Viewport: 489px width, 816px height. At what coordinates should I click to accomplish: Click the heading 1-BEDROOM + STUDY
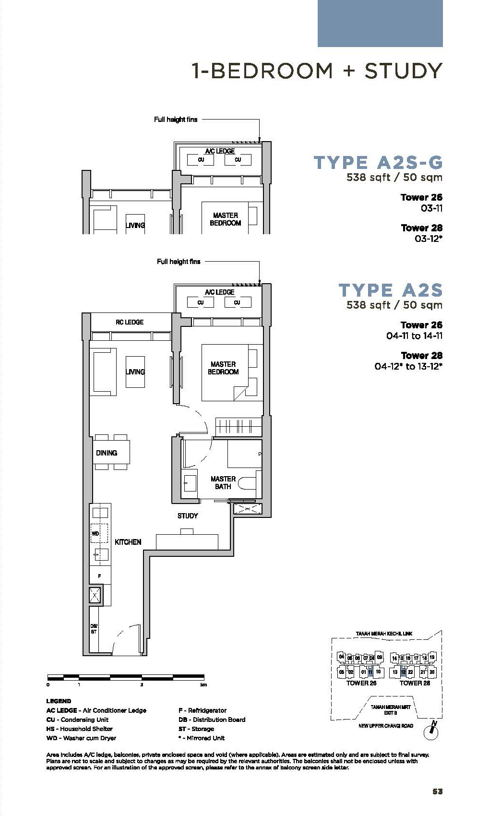(317, 71)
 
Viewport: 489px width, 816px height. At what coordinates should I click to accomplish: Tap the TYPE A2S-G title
(378, 163)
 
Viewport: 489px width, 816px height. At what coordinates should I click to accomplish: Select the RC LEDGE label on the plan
(130, 322)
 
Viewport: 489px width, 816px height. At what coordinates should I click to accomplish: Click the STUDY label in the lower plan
(188, 516)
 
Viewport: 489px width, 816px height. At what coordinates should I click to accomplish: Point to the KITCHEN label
(128, 542)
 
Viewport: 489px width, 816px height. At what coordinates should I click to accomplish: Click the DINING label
(107, 453)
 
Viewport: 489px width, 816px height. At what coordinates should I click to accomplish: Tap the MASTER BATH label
(223, 482)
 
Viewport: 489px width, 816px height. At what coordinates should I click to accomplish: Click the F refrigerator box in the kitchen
(100, 576)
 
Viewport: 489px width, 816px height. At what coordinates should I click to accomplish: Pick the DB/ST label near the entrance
(94, 629)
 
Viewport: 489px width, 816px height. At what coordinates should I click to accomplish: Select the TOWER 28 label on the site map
(415, 683)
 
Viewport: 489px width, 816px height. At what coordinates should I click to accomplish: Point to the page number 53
(437, 792)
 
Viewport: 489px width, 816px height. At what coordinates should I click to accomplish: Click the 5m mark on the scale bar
(203, 685)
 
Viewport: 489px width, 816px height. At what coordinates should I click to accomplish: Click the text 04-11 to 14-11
(414, 336)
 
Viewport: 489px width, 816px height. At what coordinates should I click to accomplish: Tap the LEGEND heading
(59, 701)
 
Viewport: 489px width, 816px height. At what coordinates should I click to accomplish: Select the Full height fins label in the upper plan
(176, 120)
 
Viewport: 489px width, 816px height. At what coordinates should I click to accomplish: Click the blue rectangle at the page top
(380, 24)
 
